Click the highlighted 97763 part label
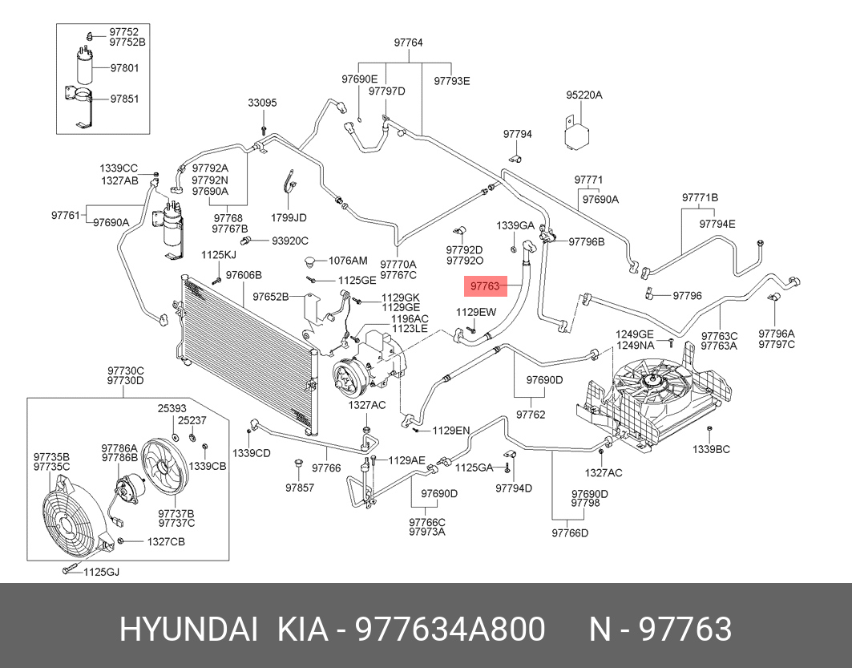(x=485, y=286)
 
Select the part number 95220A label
(x=584, y=95)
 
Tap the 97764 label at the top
(x=409, y=43)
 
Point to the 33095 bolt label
(x=262, y=103)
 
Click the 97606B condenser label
(x=244, y=275)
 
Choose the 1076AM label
(x=349, y=261)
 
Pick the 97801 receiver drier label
(x=124, y=68)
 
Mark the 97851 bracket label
(x=124, y=99)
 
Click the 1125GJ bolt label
(x=101, y=572)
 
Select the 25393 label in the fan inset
(x=172, y=408)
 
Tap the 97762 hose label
(x=531, y=415)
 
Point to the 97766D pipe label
(x=570, y=532)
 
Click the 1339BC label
(x=711, y=450)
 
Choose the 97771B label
(x=701, y=197)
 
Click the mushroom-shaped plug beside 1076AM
(x=313, y=261)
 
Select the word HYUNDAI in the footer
(x=188, y=630)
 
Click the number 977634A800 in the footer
(x=450, y=630)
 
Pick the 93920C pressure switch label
(x=290, y=241)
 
